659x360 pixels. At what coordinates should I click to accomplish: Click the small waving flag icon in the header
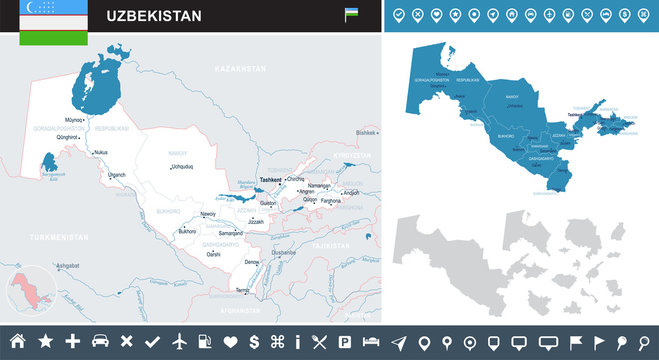pyautogui.click(x=352, y=15)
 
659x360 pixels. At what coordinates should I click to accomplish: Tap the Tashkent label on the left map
pyautogui.click(x=270, y=180)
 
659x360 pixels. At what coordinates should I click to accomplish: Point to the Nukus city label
pyautogui.click(x=100, y=153)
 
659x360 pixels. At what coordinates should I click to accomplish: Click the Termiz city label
pyautogui.click(x=243, y=290)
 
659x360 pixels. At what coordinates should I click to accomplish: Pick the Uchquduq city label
pyautogui.click(x=181, y=167)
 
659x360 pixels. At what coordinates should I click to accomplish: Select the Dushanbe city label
pyautogui.click(x=283, y=253)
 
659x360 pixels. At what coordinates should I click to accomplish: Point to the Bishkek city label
pyautogui.click(x=367, y=133)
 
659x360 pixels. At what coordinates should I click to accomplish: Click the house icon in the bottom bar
pyautogui.click(x=17, y=341)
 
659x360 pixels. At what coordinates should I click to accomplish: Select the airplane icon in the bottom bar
pyautogui.click(x=180, y=341)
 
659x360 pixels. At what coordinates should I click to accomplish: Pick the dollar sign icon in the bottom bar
pyautogui.click(x=255, y=341)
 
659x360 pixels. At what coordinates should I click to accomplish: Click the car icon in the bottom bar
pyautogui.click(x=99, y=341)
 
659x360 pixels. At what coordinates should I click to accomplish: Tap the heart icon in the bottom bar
pyautogui.click(x=230, y=341)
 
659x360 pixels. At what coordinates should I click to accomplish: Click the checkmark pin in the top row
pyautogui.click(x=400, y=16)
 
